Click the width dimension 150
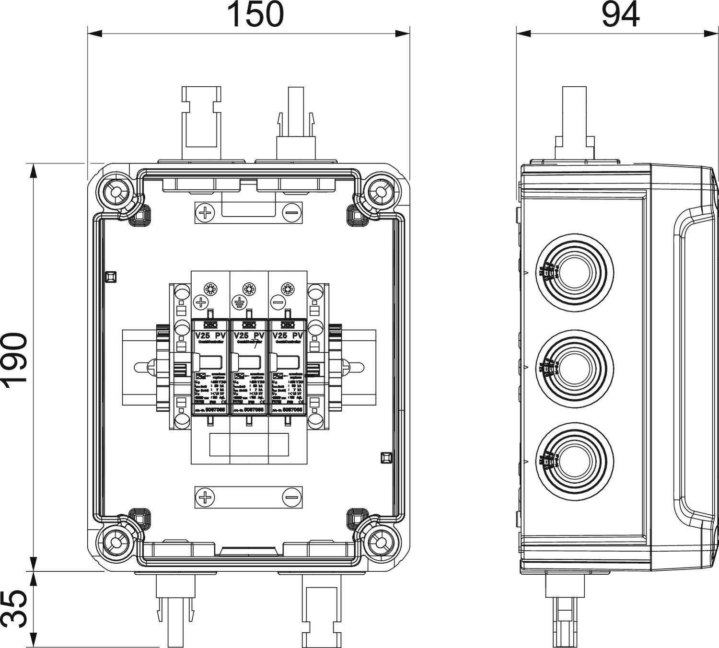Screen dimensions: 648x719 (x=255, y=14)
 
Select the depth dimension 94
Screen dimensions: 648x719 (x=620, y=14)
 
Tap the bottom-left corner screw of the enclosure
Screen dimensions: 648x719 (x=116, y=542)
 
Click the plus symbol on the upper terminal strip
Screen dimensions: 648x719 (x=205, y=213)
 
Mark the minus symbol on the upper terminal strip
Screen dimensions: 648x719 (x=291, y=213)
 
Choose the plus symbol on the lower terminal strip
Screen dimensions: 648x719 (x=205, y=498)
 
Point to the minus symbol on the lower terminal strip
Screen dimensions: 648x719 (x=291, y=498)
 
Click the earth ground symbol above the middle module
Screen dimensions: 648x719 (x=239, y=302)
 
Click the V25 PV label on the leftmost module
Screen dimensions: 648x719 (x=210, y=336)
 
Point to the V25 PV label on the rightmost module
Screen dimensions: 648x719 (x=287, y=336)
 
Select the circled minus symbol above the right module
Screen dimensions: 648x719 (x=278, y=302)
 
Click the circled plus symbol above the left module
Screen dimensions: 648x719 (x=200, y=302)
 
